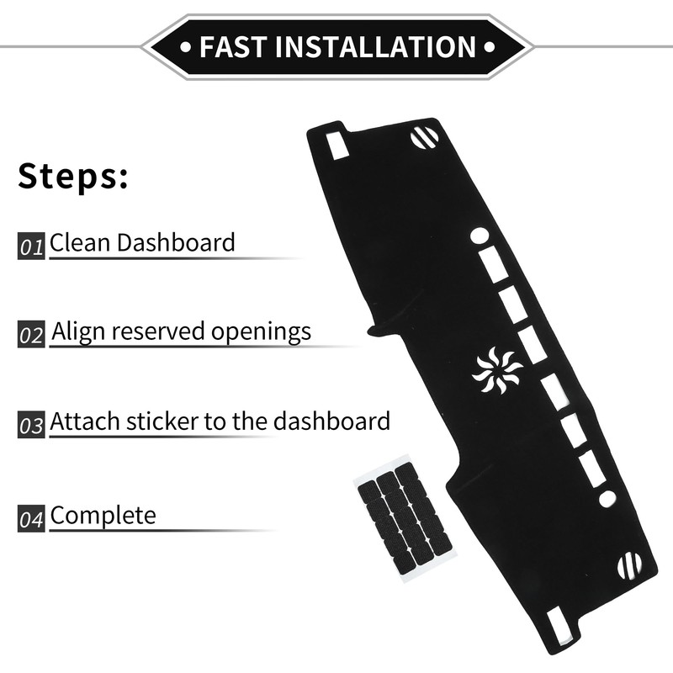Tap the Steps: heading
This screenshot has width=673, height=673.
(73, 178)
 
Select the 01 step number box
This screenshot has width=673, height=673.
(31, 247)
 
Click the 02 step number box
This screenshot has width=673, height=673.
(31, 336)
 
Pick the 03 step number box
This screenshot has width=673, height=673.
(31, 424)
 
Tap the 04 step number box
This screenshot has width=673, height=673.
(31, 518)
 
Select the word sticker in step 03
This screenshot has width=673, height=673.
(157, 420)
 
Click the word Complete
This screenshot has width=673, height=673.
(103, 514)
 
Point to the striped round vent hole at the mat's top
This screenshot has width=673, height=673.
(424, 136)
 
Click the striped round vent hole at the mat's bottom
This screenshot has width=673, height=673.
(629, 565)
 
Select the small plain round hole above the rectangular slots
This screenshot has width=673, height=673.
(479, 236)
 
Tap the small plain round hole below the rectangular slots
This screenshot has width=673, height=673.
(607, 498)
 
